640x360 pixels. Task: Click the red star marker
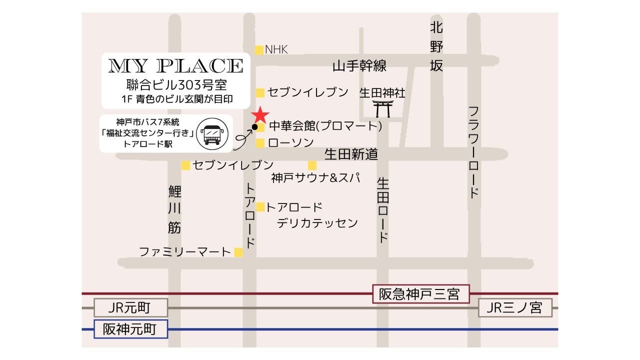[260, 115]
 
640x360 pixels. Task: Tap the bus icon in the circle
[212, 133]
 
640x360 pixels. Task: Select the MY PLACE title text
[176, 65]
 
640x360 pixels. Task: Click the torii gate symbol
[382, 108]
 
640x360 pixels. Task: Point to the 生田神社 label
[382, 93]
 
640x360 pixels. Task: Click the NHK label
[276, 49]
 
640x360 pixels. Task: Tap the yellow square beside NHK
[259, 49]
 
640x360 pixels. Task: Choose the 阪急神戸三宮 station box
[421, 293]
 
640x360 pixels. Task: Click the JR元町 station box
[129, 307]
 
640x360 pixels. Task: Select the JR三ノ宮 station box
[515, 307]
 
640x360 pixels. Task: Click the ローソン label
[291, 143]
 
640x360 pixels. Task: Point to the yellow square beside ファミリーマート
[238, 252]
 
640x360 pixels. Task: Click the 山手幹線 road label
[359, 66]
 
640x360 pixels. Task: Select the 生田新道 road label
[351, 154]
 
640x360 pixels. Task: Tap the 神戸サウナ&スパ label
[315, 178]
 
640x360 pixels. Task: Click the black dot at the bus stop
[254, 127]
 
